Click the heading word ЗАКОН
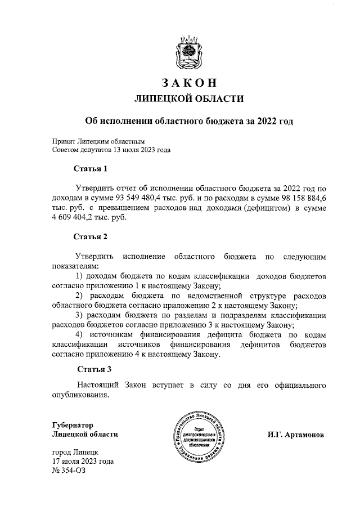(189, 82)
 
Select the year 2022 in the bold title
(264, 121)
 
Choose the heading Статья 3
(94, 369)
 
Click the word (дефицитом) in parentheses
(255, 209)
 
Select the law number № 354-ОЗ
(66, 471)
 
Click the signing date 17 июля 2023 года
(83, 462)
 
